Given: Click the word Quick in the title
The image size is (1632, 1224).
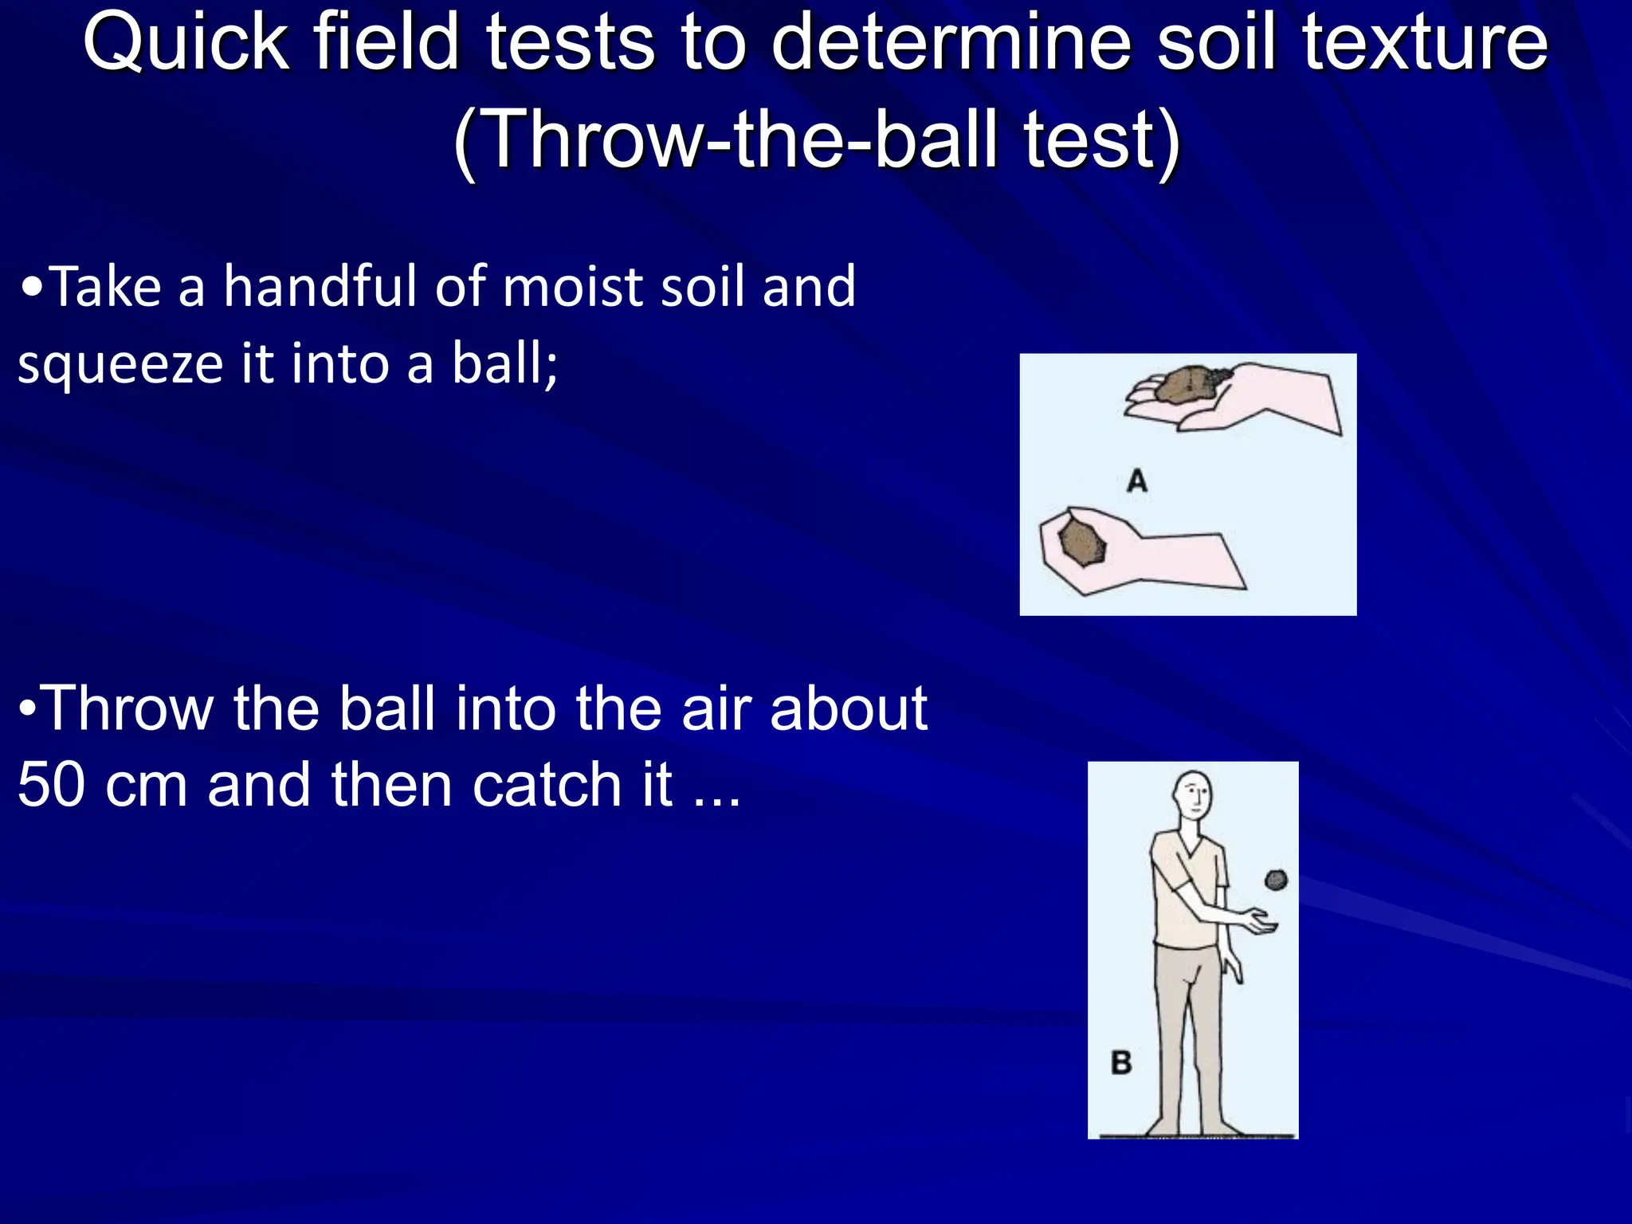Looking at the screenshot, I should click(x=186, y=44).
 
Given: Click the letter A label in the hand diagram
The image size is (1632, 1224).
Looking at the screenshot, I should click(x=1137, y=481).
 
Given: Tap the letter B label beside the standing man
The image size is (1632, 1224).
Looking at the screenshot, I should click(x=1121, y=1062).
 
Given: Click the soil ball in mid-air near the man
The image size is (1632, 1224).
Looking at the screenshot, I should click(x=1276, y=880).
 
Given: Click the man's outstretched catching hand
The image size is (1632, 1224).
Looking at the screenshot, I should click(x=1258, y=923).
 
